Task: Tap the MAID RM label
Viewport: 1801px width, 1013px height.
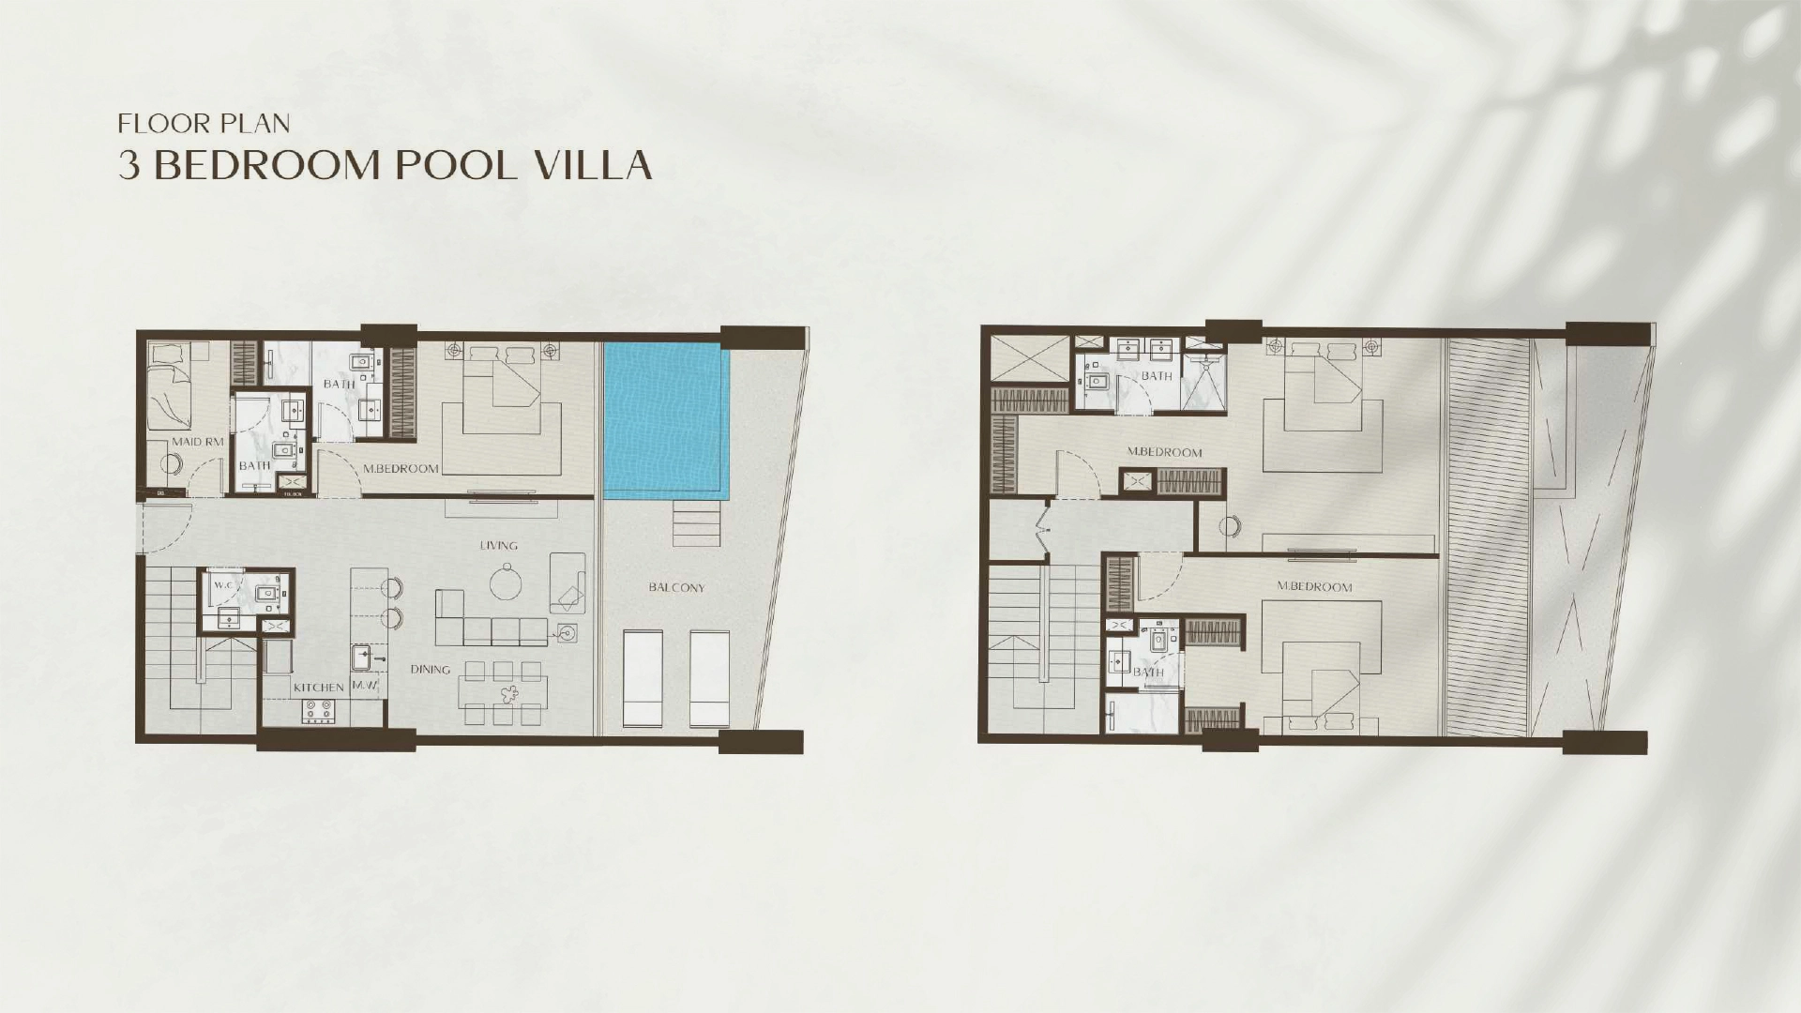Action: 198,442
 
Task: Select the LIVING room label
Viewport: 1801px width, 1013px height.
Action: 498,545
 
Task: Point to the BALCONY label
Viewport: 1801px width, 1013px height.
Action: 676,588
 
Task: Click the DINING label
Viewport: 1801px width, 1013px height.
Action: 430,670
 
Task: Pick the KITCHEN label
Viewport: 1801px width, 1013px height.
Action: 319,688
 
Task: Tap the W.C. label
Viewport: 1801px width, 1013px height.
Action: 223,585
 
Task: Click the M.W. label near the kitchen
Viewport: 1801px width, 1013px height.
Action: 364,686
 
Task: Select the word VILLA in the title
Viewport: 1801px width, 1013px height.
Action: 592,165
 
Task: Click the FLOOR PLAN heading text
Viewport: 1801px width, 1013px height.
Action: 204,124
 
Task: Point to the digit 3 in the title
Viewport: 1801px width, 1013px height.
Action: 129,165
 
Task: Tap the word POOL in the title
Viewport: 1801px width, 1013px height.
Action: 455,165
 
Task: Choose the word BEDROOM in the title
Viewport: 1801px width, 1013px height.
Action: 265,165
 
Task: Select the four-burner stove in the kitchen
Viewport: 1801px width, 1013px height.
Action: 319,712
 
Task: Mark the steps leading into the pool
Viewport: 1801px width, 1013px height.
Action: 696,523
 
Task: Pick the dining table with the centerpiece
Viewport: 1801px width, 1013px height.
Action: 503,695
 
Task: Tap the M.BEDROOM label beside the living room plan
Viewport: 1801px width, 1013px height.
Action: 401,468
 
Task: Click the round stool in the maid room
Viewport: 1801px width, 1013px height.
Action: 171,463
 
